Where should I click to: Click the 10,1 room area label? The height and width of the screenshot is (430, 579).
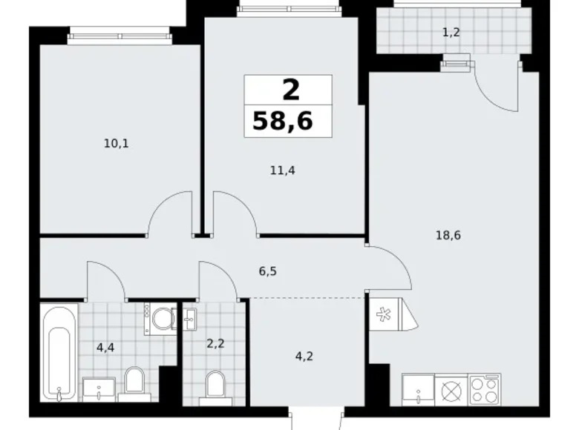[116, 143]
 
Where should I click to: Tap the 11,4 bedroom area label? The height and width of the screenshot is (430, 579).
[283, 171]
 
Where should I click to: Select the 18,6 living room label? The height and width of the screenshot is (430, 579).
[448, 235]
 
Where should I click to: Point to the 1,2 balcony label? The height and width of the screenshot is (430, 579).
[451, 33]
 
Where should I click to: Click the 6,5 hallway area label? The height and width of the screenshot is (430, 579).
[268, 271]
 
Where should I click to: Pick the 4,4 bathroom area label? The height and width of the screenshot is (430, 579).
[105, 348]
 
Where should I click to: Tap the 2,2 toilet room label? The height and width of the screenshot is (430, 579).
[215, 344]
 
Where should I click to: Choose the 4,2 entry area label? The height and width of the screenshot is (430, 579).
[304, 357]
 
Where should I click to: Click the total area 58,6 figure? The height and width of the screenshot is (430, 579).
[283, 121]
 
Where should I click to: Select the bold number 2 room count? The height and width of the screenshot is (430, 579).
[290, 90]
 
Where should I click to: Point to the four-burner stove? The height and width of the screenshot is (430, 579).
[484, 390]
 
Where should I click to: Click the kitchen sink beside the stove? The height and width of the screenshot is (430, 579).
[418, 390]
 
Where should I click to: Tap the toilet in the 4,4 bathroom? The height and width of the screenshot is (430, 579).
[134, 384]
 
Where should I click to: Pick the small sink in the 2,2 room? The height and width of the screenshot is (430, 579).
[190, 319]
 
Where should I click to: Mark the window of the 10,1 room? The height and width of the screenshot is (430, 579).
[120, 36]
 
